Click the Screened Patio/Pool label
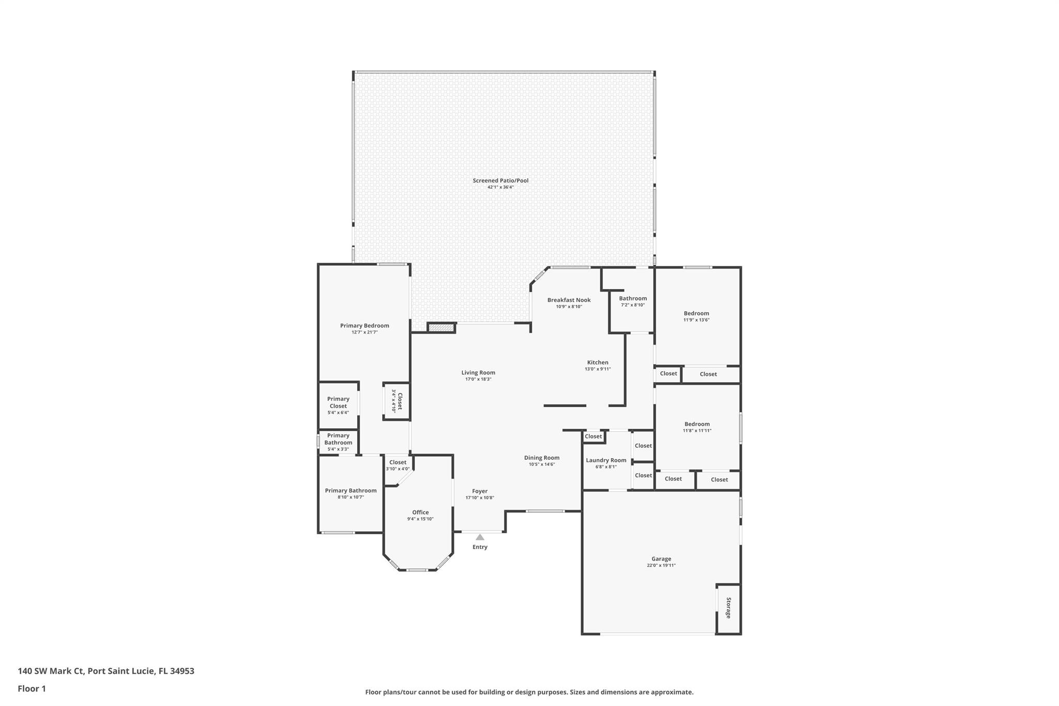500,181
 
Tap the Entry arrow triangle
480,537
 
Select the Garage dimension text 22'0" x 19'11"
661,565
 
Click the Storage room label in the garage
729,608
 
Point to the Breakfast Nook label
569,300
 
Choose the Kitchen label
597,362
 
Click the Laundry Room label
606,460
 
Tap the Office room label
420,512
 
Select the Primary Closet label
338,402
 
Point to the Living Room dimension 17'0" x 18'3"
478,379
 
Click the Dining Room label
541,458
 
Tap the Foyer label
479,491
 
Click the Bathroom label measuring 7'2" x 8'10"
632,298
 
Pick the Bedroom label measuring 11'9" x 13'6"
696,313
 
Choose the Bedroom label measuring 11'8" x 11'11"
697,424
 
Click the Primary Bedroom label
364,326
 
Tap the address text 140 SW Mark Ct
51,671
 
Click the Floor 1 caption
32,688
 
